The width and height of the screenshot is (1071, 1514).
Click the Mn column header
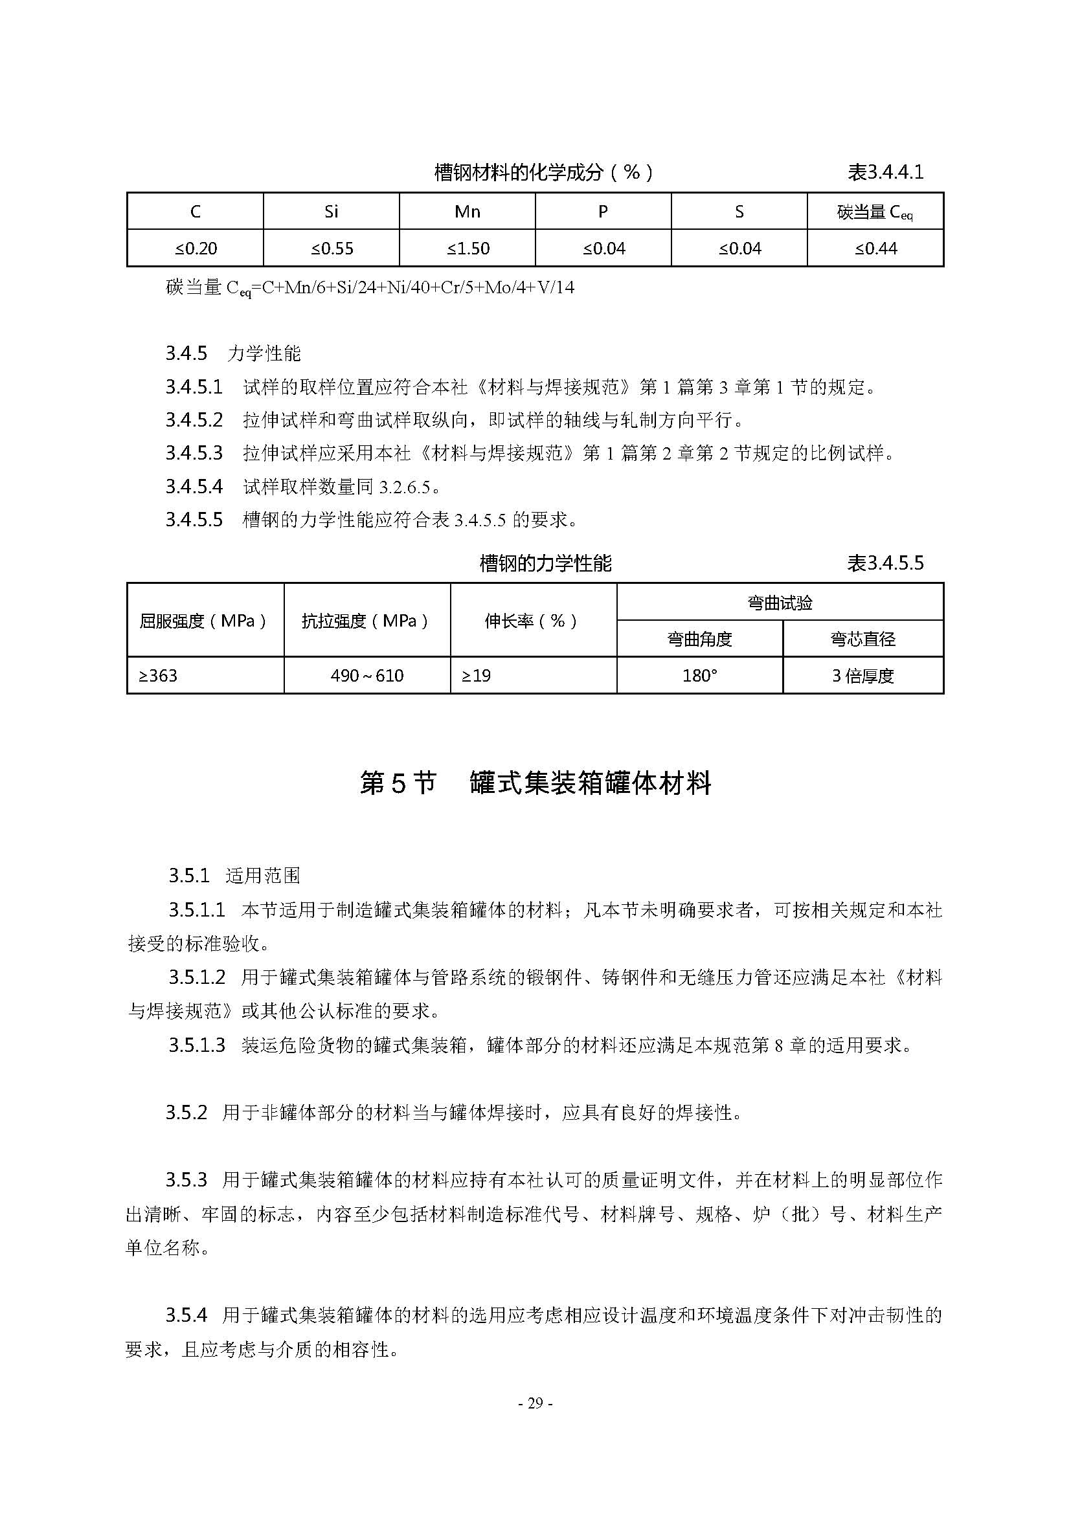tap(467, 212)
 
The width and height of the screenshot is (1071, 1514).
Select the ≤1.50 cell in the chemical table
tap(467, 249)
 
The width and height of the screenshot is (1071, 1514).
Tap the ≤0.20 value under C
tap(195, 249)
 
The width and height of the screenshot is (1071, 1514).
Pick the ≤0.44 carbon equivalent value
tap(875, 249)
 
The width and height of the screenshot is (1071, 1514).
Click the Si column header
tap(331, 212)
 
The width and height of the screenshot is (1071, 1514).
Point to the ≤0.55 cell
tap(331, 249)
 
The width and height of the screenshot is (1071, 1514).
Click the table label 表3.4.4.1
tap(885, 173)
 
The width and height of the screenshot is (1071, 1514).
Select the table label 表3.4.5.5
tap(885, 563)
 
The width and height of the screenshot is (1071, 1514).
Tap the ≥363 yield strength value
tap(158, 676)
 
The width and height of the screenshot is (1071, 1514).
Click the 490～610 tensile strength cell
tap(367, 676)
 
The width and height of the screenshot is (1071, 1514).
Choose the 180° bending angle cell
tap(700, 676)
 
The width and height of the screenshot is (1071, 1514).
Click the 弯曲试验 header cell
tap(780, 603)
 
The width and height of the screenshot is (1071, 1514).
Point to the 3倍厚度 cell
tap(862, 676)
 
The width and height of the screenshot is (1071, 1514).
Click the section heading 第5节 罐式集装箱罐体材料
tap(535, 783)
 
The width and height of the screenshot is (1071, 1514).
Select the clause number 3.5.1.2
tap(197, 977)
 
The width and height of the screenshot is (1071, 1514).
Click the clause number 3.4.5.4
tap(194, 487)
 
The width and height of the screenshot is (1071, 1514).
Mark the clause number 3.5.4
tap(186, 1315)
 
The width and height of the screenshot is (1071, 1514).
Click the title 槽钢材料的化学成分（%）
tap(543, 173)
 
